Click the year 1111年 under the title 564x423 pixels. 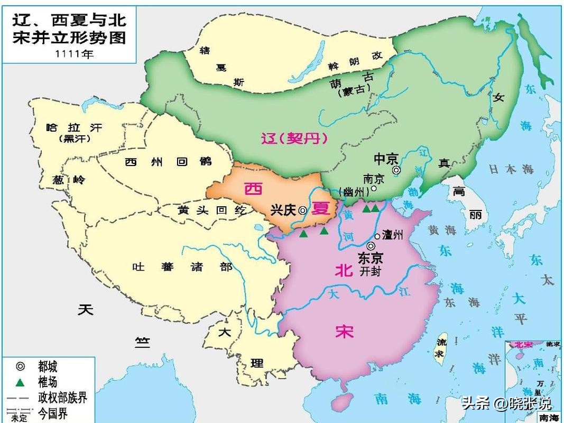click(x=74, y=54)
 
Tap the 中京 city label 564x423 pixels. click(x=385, y=159)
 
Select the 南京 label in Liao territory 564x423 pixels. click(x=374, y=179)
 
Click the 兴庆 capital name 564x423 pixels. click(x=283, y=210)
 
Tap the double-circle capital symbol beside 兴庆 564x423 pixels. click(x=302, y=210)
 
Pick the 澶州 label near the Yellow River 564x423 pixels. click(x=392, y=236)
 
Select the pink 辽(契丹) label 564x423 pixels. click(x=294, y=139)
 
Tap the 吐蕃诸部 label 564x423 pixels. click(x=182, y=267)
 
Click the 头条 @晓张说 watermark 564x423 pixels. click(x=506, y=404)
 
